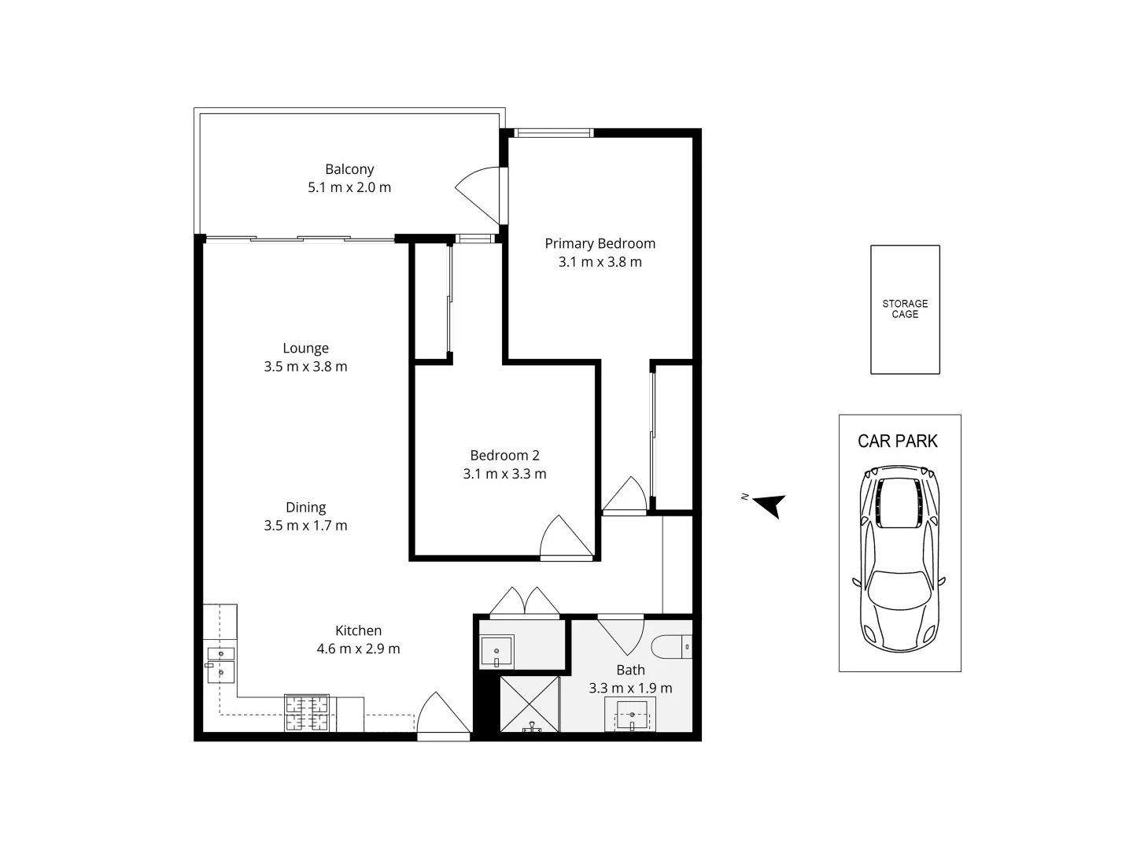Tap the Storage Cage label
click(905, 309)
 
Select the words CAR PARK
click(898, 441)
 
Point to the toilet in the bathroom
click(672, 647)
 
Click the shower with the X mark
click(530, 704)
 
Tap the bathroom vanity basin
click(631, 715)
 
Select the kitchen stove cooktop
click(307, 713)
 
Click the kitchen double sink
click(221, 665)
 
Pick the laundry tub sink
click(496, 652)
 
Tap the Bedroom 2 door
click(566, 537)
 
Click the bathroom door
click(621, 636)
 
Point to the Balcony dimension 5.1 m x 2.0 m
click(349, 187)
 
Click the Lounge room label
click(305, 349)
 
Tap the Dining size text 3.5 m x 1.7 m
click(305, 526)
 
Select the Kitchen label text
click(358, 630)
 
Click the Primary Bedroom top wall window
click(553, 133)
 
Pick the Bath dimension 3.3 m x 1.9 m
click(630, 688)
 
